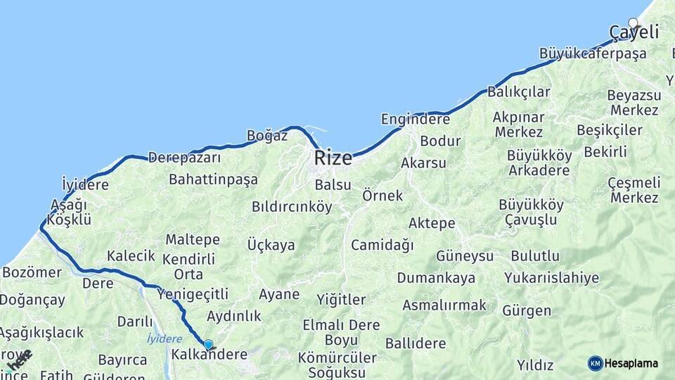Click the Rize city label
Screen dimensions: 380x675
point(333,158)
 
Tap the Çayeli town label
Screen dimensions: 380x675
point(634,32)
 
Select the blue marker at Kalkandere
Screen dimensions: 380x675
point(208,344)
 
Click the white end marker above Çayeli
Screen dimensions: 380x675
point(633,23)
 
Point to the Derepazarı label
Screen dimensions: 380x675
point(185,158)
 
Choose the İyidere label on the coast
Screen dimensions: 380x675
point(85,185)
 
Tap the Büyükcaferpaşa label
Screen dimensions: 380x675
point(582,53)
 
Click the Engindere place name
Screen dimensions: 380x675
point(415,119)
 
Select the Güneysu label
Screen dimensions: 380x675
point(465,255)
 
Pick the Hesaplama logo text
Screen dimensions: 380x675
point(631,363)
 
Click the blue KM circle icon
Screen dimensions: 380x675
point(595,363)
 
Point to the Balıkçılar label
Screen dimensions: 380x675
point(519,92)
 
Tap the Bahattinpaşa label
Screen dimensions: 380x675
point(213,179)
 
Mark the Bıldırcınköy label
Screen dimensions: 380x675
point(291,207)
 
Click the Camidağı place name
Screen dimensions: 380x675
point(382,245)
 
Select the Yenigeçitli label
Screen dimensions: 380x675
point(193,293)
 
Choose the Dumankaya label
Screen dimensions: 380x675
point(436,277)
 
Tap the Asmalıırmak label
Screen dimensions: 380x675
point(444,305)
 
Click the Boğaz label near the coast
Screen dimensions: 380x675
point(267,136)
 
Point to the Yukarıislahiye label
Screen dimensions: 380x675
point(551,277)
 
